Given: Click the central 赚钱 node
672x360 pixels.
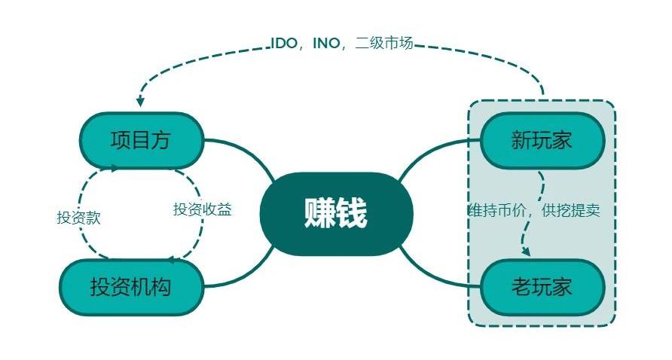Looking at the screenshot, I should pos(336,214).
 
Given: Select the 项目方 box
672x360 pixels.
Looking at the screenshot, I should pos(141,141).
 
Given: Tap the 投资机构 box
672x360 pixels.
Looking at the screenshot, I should pos(131,287).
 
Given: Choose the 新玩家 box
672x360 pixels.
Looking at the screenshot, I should pos(542,141).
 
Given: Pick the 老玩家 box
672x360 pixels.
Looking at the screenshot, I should pos(542,287).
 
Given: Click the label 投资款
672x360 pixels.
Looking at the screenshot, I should pos(78,218).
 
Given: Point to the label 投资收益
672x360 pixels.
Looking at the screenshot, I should pos(202,210).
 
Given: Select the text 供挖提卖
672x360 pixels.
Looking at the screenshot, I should pos(570,210).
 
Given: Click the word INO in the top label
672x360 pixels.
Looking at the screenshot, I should pos(326,44).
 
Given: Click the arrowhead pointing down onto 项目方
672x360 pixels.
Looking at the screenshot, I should pos(139,102).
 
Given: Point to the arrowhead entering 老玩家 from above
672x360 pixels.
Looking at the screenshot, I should pos(525,252).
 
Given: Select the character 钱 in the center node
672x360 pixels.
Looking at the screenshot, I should pos(352,214).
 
